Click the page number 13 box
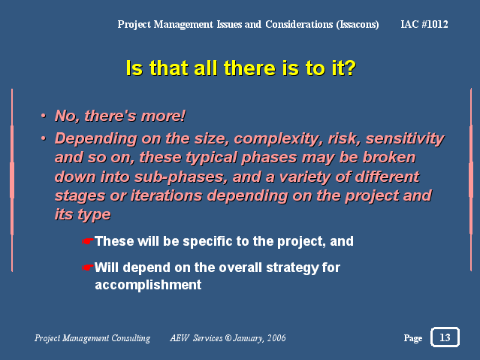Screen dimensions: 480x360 tap(445, 337)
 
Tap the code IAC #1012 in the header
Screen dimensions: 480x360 tap(424, 24)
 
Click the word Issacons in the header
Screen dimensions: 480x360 tap(358, 25)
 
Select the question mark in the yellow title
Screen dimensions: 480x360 tap(350, 68)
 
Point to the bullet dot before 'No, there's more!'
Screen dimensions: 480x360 tap(44, 116)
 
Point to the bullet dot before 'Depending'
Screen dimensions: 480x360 tap(44, 139)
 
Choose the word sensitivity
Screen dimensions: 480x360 tap(405, 139)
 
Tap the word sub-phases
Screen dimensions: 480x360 tap(181, 177)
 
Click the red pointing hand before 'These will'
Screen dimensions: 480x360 tap(87, 241)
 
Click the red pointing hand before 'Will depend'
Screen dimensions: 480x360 tap(87, 268)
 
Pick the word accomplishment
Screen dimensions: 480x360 tap(148, 285)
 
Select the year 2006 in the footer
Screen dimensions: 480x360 tap(276, 338)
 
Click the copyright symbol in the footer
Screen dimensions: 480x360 tap(228, 338)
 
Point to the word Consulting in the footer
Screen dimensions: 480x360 tap(131, 338)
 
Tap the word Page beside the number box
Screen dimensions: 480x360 tap(413, 338)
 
